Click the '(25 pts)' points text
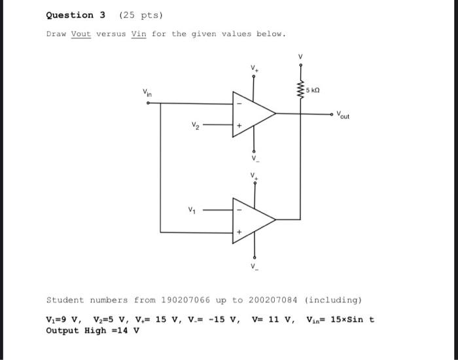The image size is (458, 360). (133, 15)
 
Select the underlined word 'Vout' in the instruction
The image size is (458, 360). (80, 34)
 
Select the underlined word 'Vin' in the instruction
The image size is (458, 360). (138, 34)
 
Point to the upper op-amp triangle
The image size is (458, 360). (252, 113)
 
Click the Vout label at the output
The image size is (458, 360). (343, 117)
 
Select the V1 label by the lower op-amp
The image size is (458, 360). (192, 210)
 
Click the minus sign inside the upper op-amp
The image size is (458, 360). (239, 103)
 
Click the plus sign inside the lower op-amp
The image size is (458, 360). (239, 231)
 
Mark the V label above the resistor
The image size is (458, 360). (300, 56)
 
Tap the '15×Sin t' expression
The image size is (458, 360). (357, 319)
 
